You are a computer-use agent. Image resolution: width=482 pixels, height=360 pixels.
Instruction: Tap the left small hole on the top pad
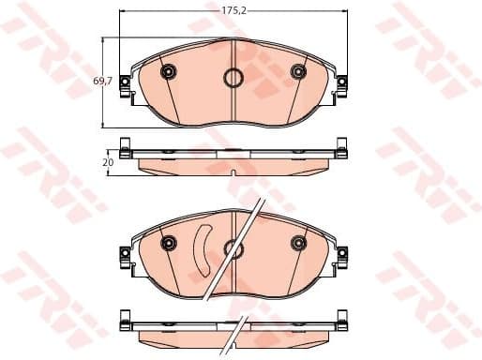tap(169, 72)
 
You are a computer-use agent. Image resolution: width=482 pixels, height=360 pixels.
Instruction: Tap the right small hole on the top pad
tap(298, 72)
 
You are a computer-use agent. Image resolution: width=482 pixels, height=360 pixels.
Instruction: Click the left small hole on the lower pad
tap(169, 244)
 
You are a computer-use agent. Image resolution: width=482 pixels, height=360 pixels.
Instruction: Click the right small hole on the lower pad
tap(298, 244)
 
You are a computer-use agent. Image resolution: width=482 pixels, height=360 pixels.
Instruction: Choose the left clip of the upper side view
tap(126, 146)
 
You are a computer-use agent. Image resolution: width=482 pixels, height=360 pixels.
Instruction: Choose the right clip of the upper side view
tap(341, 146)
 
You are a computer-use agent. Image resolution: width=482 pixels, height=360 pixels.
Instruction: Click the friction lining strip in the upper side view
tap(233, 166)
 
